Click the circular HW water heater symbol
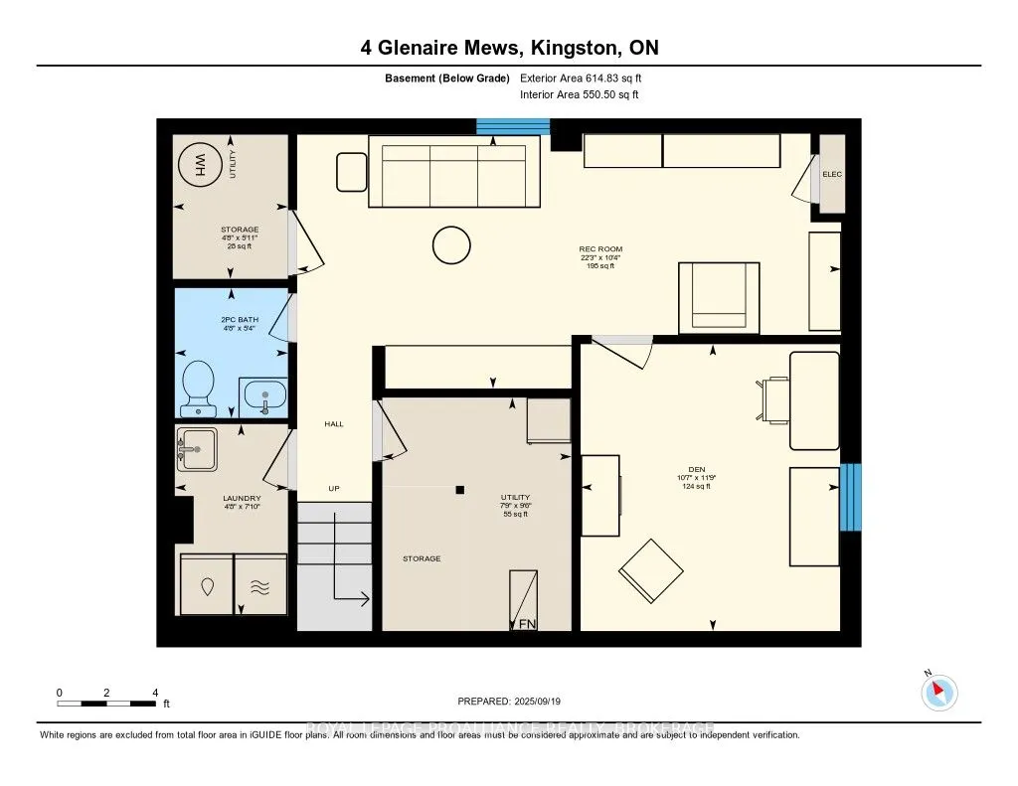[x=200, y=166]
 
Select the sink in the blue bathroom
[x=263, y=396]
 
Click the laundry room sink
[x=196, y=450]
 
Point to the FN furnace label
[x=523, y=623]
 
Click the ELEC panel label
[x=832, y=175]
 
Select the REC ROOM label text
[x=600, y=249]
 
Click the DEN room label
[x=696, y=469]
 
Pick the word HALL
[x=334, y=424]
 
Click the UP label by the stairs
[x=334, y=488]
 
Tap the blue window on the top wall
[x=513, y=126]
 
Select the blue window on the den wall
[x=850, y=497]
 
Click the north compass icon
[x=938, y=692]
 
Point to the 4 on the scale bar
[x=155, y=692]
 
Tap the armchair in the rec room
[x=719, y=297]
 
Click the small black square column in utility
[x=460, y=490]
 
